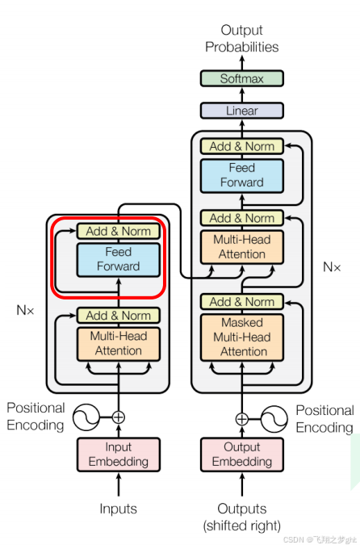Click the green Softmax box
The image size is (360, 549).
(241, 78)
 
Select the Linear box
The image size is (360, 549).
(241, 111)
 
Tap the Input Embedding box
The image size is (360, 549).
(119, 454)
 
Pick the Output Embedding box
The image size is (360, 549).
(241, 454)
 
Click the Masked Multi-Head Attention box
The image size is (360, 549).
(241, 337)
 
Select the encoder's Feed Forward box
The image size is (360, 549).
(119, 259)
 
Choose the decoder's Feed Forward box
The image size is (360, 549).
(241, 175)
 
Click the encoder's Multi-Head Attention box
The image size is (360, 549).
(119, 344)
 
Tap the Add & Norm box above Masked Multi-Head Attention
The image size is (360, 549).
(241, 302)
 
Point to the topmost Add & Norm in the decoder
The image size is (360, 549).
(241, 146)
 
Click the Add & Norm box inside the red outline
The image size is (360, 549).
(119, 231)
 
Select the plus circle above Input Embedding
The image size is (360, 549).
(119, 417)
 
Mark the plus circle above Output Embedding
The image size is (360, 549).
(241, 419)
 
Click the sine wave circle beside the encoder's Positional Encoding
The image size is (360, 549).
(86, 417)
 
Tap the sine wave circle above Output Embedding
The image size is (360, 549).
(274, 419)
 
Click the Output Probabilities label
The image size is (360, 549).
(241, 39)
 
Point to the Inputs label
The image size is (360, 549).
(118, 509)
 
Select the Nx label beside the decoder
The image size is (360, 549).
(331, 267)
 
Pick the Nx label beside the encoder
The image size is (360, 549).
(25, 310)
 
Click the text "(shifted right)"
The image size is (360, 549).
(241, 526)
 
